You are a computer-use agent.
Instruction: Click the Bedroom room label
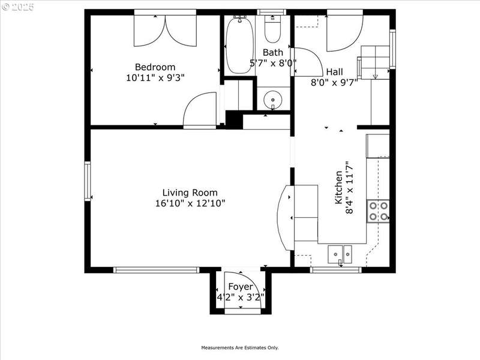coord(155,67)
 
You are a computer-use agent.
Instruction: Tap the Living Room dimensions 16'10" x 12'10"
coord(190,203)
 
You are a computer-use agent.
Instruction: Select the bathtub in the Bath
coord(239,46)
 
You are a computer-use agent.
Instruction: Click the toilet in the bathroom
coord(272,29)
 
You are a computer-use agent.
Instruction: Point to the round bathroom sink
coord(273,100)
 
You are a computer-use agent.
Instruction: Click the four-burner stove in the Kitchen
coord(379,211)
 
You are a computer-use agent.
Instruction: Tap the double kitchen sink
coord(340,254)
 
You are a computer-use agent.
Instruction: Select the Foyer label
coord(241,287)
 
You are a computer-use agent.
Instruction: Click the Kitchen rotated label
coord(338,187)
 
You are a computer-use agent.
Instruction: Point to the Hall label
coord(334,72)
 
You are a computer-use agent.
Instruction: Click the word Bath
coord(273,53)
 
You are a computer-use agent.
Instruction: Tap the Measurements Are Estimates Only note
coord(239,348)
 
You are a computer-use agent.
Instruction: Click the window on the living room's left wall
coord(88,181)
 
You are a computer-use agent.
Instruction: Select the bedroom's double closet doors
coord(166,31)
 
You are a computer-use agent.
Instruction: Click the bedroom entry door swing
coord(200,109)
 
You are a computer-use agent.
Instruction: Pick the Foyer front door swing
coord(242,290)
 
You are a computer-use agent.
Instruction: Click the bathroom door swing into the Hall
coord(308,62)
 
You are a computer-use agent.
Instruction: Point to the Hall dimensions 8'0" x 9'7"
coord(334,83)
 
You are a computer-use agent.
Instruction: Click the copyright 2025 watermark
coord(18,7)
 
